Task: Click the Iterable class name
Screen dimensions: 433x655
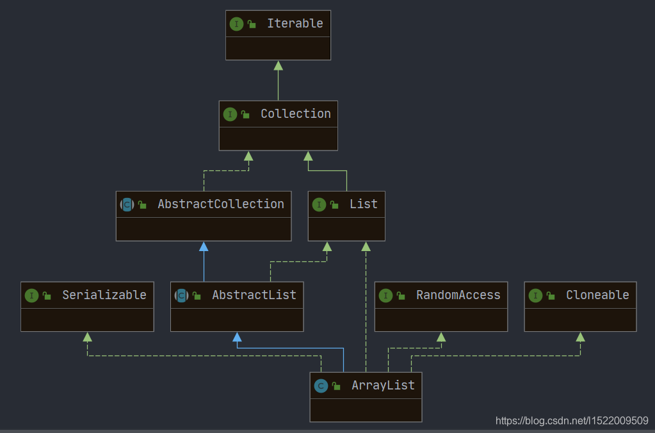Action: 295,24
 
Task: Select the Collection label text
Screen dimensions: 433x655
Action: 295,114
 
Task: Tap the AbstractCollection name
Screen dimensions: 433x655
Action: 220,204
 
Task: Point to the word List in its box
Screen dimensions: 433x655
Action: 363,204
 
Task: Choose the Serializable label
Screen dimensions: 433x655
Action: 104,295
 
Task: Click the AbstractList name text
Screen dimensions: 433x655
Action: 254,295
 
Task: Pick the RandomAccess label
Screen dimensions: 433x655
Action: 458,295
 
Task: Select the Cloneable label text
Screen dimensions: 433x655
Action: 597,295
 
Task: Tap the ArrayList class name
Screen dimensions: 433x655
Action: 383,386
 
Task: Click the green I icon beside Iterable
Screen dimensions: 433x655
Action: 236,24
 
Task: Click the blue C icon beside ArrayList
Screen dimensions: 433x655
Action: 321,386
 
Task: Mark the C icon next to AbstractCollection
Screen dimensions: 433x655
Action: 127,205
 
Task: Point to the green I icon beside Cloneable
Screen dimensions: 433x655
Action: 535,295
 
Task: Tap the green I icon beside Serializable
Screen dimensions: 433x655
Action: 31,295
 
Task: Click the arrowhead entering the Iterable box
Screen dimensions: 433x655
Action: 278,65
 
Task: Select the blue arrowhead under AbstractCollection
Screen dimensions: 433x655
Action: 204,247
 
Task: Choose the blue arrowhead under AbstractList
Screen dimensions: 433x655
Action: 237,337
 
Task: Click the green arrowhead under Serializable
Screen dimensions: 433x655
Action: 88,337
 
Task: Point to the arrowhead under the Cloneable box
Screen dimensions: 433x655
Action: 580,337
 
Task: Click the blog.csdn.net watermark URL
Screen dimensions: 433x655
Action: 572,421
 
